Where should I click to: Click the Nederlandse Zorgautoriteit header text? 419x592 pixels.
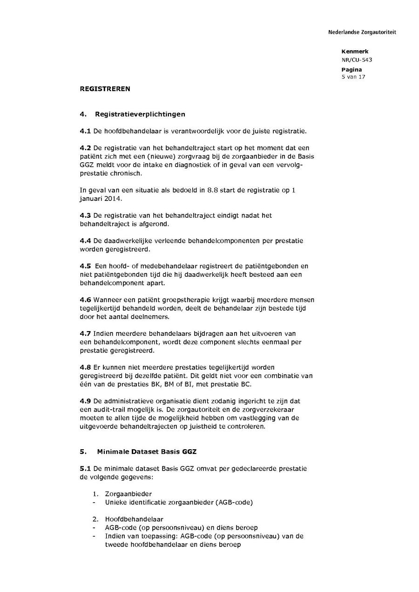click(362, 32)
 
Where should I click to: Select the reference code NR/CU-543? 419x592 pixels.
click(357, 60)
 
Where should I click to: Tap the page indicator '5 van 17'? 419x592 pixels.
click(353, 77)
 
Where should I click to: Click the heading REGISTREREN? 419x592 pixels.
click(105, 89)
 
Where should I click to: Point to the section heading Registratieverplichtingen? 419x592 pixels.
click(140, 114)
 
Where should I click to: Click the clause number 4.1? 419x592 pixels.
click(85, 131)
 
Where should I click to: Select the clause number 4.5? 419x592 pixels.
click(85, 266)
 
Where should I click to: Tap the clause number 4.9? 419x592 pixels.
click(85, 401)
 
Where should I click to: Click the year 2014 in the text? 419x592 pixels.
click(114, 199)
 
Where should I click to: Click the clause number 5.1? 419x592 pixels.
click(85, 468)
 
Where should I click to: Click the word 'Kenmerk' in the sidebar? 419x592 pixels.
click(355, 52)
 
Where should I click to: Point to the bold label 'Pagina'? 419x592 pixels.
click(351, 69)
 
